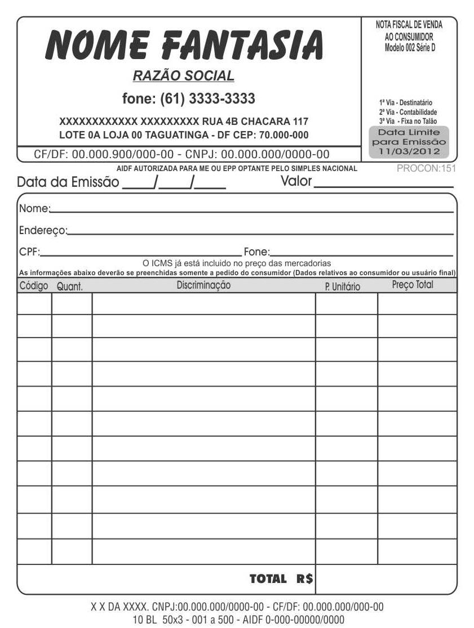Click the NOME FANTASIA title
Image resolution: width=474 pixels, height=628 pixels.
point(184,46)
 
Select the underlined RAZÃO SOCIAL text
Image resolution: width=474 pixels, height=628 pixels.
point(183,75)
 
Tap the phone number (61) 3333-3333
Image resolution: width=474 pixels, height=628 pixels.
point(188,99)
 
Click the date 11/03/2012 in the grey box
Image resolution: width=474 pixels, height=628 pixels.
point(409,151)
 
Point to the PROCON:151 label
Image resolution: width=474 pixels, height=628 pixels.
point(426,168)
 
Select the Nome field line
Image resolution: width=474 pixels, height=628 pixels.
point(251,210)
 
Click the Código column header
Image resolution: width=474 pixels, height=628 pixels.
point(34,285)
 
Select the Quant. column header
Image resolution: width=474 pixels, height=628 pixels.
point(70,286)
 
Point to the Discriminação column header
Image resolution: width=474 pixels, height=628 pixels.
point(203,285)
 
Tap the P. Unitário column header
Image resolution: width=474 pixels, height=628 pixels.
point(342,286)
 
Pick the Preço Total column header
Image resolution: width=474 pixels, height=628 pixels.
point(413,285)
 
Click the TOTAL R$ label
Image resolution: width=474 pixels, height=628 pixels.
point(281,578)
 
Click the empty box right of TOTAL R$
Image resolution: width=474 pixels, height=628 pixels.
point(386,579)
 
